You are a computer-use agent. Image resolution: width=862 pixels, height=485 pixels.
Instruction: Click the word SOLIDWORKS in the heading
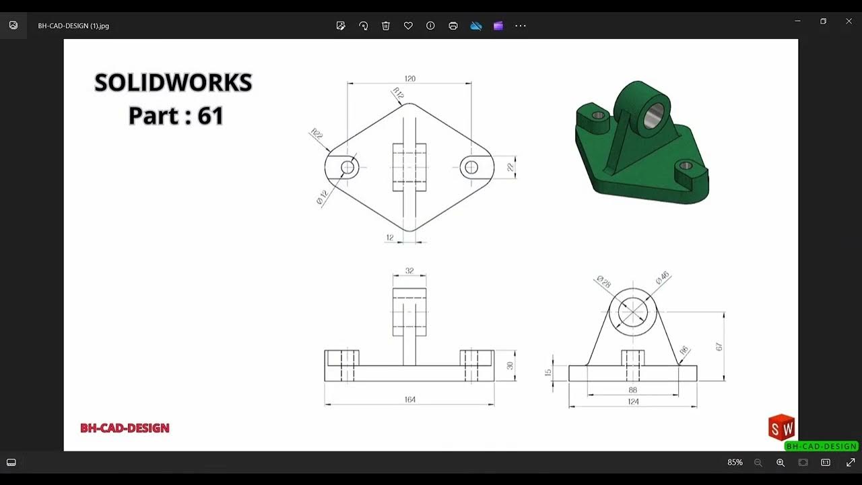[x=173, y=83]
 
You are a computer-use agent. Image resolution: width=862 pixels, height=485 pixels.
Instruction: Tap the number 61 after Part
[x=211, y=116]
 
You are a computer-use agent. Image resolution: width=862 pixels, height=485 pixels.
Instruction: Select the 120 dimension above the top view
[x=409, y=79]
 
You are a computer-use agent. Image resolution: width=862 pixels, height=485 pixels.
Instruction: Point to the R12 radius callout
[x=398, y=94]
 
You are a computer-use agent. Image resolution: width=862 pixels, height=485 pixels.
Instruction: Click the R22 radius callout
[x=317, y=134]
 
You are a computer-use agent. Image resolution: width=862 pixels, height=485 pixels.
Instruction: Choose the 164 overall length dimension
[x=409, y=399]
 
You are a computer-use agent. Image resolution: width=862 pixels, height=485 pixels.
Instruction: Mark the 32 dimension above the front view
[x=409, y=271]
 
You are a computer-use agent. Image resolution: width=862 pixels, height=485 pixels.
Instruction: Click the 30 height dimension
[x=510, y=366]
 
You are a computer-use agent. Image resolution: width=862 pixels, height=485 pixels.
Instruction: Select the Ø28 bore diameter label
[x=603, y=282]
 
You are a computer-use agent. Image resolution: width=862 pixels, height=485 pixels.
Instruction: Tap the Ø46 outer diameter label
[x=662, y=278]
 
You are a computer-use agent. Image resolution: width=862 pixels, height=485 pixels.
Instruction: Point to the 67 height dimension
[x=719, y=346]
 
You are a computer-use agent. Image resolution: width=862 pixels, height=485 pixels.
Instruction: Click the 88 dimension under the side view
[x=633, y=390]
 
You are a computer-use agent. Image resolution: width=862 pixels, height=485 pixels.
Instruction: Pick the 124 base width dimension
[x=633, y=401]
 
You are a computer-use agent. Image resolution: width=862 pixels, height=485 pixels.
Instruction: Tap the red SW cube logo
[x=781, y=428]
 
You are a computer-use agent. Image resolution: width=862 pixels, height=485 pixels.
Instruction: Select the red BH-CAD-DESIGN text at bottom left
[x=125, y=428]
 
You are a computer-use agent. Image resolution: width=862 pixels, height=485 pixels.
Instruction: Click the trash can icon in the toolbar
[x=386, y=26]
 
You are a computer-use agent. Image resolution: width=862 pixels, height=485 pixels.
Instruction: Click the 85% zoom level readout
[x=735, y=463]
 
